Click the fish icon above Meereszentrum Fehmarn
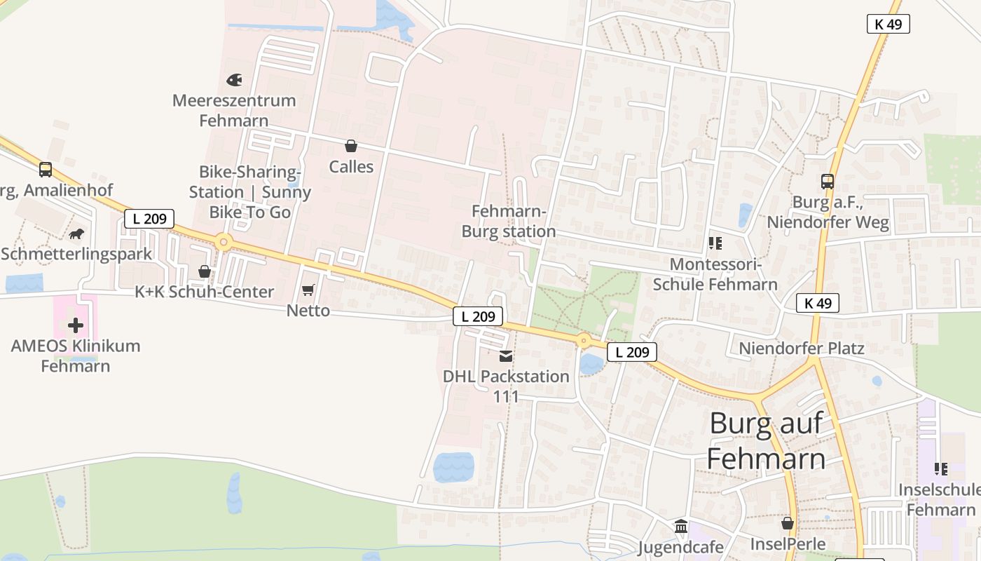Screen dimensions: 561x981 pos(234,80)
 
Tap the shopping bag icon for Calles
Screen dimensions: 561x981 pos(351,146)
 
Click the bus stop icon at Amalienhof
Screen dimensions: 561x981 pos(46,169)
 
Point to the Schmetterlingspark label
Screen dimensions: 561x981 pos(76,254)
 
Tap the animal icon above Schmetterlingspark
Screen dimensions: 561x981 pos(76,234)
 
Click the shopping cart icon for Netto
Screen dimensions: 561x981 pos(308,290)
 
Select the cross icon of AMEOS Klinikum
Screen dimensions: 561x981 pos(76,325)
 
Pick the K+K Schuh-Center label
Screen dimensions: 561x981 pos(204,292)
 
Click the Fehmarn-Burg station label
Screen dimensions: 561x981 pos(509,221)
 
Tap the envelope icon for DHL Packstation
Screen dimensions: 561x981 pos(506,356)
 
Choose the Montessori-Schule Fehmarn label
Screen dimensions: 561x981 pos(715,274)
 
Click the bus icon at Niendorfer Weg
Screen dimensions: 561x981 pos(828,182)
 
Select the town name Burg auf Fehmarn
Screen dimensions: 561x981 pos(766,441)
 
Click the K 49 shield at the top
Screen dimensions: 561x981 pos(888,24)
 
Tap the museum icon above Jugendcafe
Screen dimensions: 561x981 pos(681,526)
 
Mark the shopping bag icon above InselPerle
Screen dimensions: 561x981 pos(788,523)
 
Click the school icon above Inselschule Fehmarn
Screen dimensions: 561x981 pos(940,468)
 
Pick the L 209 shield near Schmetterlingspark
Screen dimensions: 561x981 pos(149,218)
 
